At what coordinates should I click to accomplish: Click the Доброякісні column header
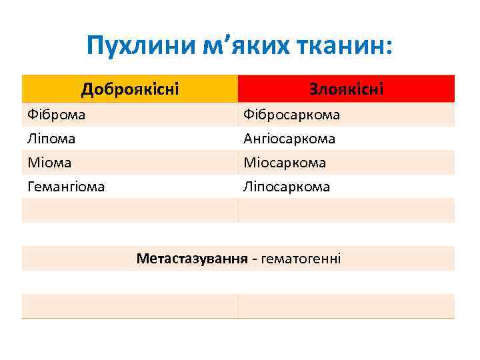tap(130, 89)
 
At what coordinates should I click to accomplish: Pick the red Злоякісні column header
tap(346, 89)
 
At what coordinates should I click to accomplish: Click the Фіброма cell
tap(57, 115)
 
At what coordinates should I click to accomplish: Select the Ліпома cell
tap(51, 139)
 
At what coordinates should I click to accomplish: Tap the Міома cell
tap(49, 163)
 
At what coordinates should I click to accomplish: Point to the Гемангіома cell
tap(66, 187)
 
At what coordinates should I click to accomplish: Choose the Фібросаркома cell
tap(291, 115)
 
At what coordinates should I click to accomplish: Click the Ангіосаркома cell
tap(289, 139)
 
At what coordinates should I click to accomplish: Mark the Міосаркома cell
tap(285, 163)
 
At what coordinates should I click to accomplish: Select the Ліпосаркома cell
tap(287, 187)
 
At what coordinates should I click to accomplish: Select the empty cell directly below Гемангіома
tap(129, 211)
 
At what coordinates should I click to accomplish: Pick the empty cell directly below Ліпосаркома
tap(346, 211)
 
